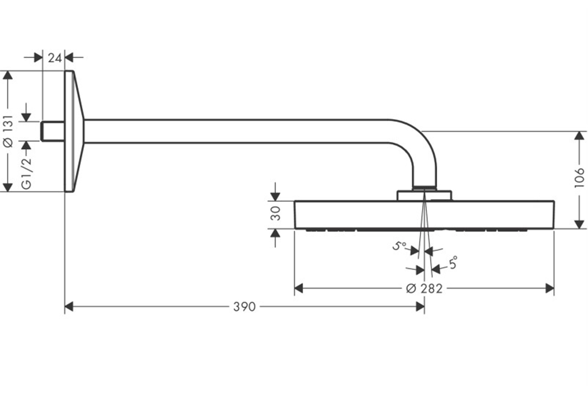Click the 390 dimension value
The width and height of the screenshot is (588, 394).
click(x=244, y=307)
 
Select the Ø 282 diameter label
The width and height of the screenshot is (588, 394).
click(x=425, y=288)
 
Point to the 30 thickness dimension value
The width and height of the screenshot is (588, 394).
click(x=276, y=213)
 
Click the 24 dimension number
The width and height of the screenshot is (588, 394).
click(x=55, y=58)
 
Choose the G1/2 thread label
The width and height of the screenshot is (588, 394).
click(x=26, y=173)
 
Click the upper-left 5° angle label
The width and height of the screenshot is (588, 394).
click(x=399, y=246)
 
